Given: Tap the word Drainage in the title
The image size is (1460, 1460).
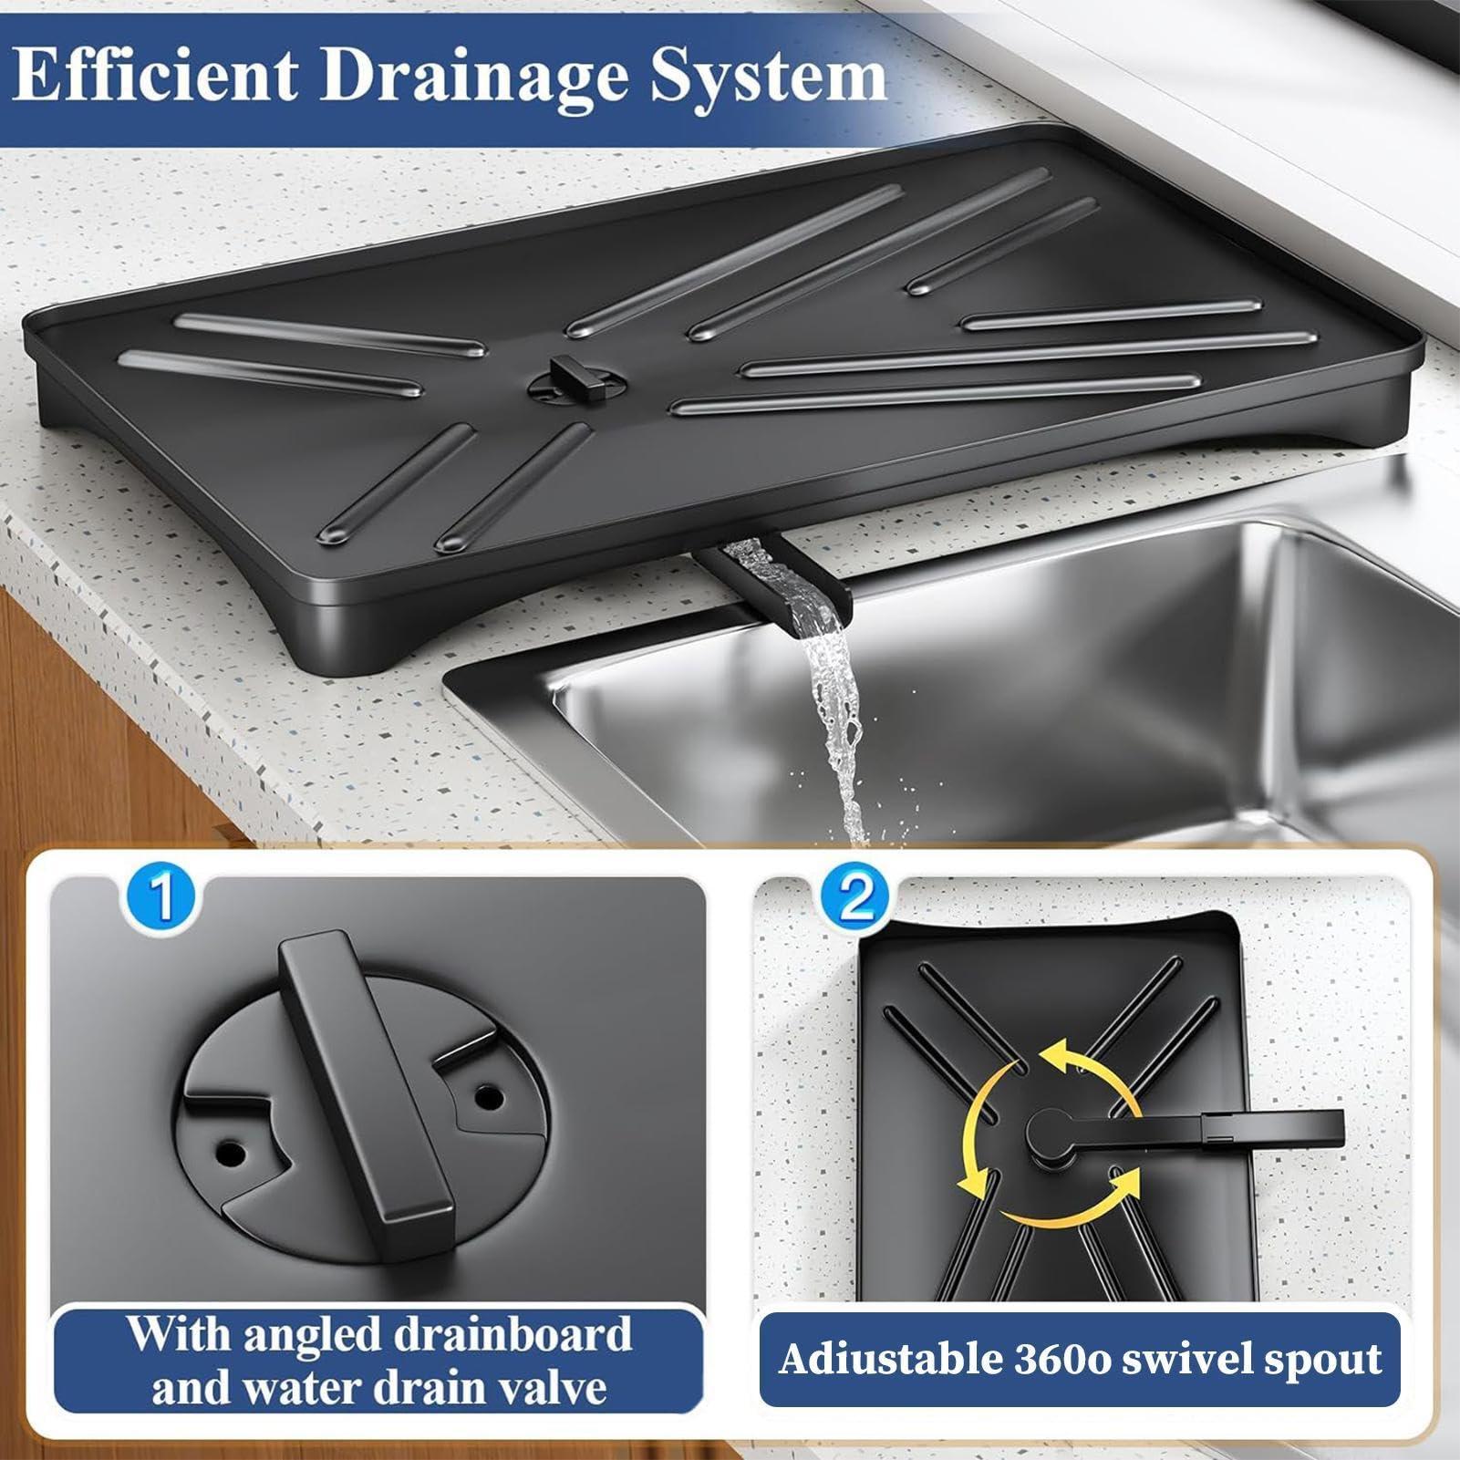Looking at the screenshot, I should click(x=474, y=78).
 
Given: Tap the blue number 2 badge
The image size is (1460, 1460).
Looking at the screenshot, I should click(x=854, y=898).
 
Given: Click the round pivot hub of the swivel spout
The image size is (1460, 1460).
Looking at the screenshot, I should click(x=1051, y=1133).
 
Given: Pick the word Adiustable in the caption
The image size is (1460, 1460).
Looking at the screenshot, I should click(x=890, y=1359).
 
